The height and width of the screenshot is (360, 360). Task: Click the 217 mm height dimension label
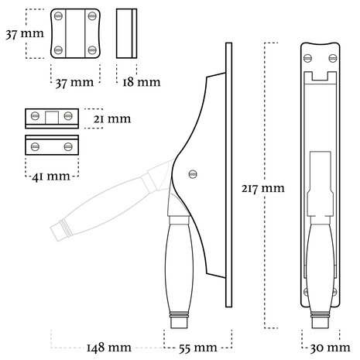tap(262, 188)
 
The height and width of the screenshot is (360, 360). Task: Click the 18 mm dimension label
tap(139, 81)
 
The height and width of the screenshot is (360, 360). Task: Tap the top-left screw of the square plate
tap(59, 18)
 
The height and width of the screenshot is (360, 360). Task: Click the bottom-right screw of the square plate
tap(92, 50)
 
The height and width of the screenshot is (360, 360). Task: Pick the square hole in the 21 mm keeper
tap(51, 117)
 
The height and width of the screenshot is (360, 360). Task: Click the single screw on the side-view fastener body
tap(193, 173)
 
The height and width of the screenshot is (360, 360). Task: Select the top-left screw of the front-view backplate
tap(307, 56)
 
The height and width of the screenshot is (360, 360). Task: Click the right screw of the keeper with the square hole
tap(69, 117)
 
